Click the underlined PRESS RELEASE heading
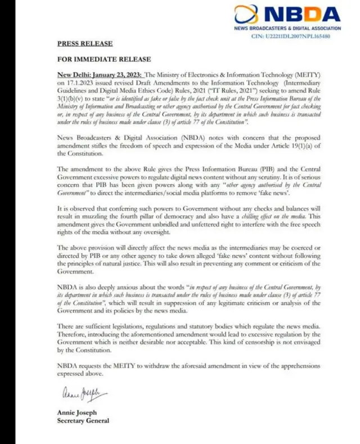pyautogui.click(x=84, y=43)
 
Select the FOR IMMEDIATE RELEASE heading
pyautogui.click(x=103, y=59)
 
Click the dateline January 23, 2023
pyautogui.click(x=116, y=74)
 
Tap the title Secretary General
pyautogui.click(x=83, y=420)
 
